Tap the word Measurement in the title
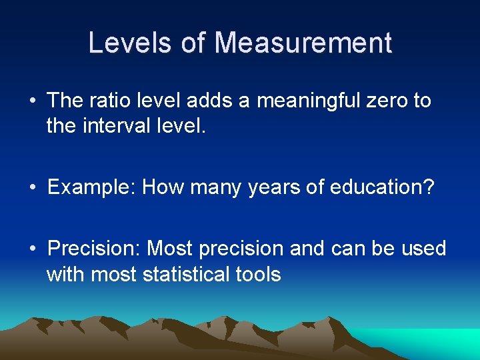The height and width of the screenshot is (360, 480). pyautogui.click(x=303, y=43)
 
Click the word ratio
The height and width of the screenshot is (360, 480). pyautogui.click(x=108, y=101)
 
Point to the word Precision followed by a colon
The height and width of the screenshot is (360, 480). pyautogui.click(x=94, y=249)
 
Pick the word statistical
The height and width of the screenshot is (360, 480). pyautogui.click(x=186, y=274)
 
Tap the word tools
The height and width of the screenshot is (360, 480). pyautogui.click(x=258, y=274)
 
